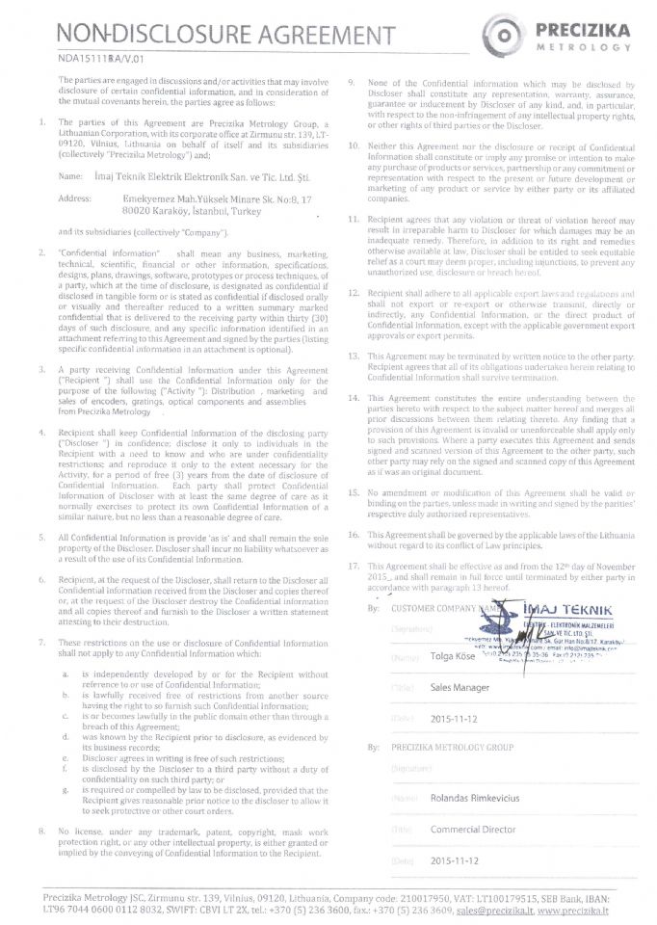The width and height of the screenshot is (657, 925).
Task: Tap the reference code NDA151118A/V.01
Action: [x=93, y=60]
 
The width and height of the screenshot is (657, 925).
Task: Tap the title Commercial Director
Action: [x=472, y=830]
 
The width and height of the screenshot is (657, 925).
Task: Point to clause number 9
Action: [x=353, y=84]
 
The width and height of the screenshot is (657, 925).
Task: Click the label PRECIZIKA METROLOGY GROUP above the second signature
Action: [x=452, y=747]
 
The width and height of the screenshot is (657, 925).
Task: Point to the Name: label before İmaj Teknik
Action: [x=71, y=177]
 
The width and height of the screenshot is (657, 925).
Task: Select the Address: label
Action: [x=75, y=198]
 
